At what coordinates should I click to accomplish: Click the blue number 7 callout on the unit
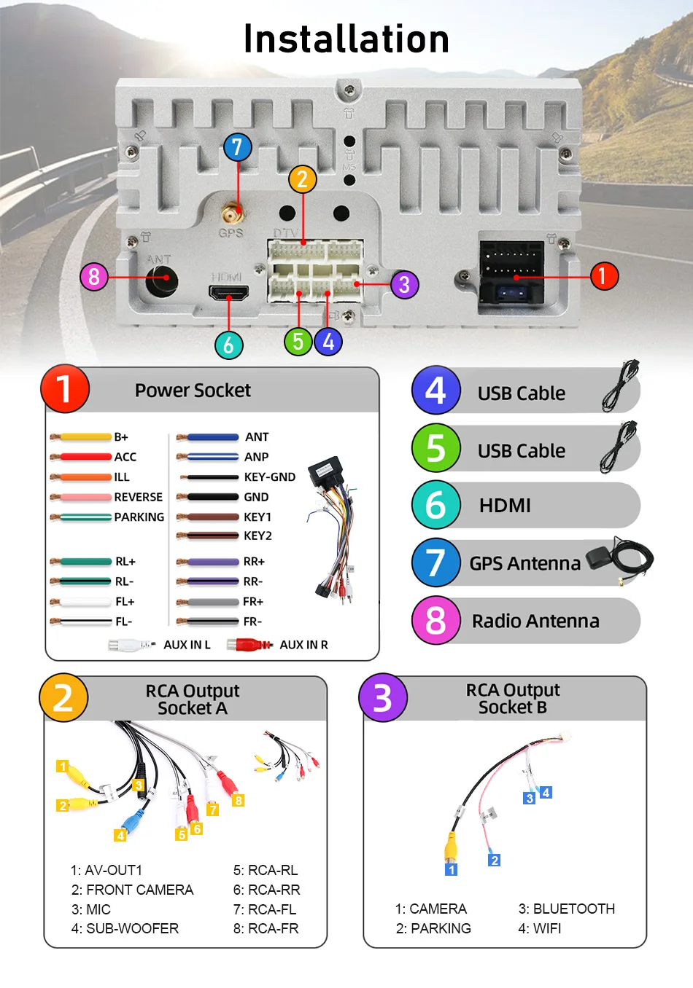coord(237,147)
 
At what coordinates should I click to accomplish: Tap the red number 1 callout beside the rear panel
coord(603,276)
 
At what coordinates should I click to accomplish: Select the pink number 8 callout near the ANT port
coord(93,277)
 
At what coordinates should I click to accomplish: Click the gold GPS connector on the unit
coord(232,214)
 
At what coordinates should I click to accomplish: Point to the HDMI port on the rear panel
coord(229,293)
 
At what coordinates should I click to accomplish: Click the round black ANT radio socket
coord(162,278)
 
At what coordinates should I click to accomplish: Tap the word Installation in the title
coord(346,39)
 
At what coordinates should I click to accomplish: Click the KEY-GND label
coord(270,477)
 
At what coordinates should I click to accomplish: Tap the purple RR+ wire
coord(212,562)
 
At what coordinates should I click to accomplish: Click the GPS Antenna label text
coord(525,563)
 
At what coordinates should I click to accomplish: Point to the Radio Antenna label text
coord(535,621)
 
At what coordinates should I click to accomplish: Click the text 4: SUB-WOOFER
coord(125,928)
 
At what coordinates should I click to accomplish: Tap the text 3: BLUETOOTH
coord(567,909)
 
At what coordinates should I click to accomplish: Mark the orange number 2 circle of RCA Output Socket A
coord(63,698)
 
